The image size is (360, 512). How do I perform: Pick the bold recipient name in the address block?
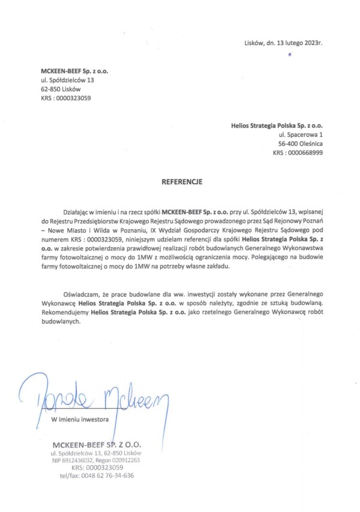[x=277, y=127]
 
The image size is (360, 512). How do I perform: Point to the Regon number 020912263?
[x=124, y=460]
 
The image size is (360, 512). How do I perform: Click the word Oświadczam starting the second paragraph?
[x=80, y=297]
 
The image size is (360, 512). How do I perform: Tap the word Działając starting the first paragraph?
[x=76, y=213]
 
